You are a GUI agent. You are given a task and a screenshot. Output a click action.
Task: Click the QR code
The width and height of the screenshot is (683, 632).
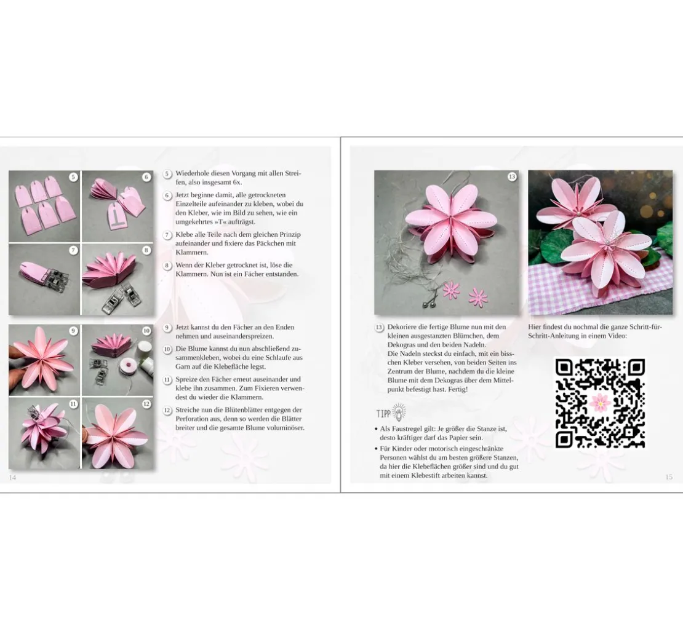600,403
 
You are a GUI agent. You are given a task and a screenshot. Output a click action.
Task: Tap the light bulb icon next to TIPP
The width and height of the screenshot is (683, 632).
399,412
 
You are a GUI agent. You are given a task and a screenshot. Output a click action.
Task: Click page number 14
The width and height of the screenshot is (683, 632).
13,477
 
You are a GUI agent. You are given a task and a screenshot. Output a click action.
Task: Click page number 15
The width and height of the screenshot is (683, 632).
669,477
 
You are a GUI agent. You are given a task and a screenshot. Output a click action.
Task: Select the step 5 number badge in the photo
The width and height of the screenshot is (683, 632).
73,176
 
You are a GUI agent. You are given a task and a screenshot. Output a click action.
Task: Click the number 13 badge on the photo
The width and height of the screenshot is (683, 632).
512,176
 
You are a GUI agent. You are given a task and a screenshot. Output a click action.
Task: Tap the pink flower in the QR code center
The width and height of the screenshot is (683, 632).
600,403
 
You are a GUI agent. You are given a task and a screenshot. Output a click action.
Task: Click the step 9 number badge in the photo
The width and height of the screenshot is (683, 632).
73,331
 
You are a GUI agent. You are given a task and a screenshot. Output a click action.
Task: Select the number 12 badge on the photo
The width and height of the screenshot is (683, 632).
146,404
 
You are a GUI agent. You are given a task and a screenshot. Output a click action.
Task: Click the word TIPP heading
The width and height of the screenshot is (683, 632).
383,413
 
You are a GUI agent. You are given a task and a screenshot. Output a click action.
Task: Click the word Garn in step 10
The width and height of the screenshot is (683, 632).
183,366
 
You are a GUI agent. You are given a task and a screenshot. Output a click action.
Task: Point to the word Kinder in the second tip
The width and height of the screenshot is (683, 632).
402,448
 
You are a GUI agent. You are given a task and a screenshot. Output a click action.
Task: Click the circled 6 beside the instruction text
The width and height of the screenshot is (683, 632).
167,196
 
